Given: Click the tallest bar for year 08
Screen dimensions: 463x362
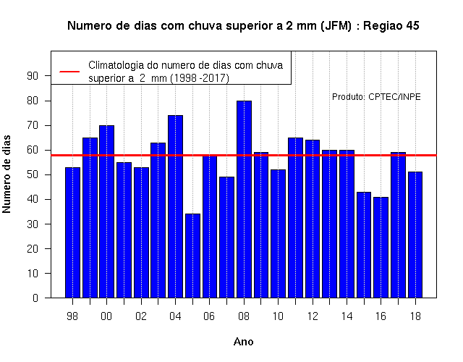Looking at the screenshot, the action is tap(244, 199).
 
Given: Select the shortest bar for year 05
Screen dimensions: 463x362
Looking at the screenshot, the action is tap(192, 256).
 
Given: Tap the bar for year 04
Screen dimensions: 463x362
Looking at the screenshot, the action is tap(175, 206).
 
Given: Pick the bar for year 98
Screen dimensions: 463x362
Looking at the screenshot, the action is tap(72, 232).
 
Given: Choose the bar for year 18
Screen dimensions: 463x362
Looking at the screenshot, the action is tap(415, 235).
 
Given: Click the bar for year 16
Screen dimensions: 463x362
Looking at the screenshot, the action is tap(381, 248).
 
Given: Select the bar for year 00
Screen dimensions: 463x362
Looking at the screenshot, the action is tap(106, 211).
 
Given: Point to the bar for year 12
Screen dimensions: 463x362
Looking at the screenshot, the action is tap(313, 219).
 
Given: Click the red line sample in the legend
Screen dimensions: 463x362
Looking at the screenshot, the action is tap(69, 72).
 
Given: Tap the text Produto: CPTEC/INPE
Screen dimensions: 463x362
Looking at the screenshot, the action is tap(376, 97).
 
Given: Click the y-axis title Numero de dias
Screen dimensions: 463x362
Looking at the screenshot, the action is tap(7, 174).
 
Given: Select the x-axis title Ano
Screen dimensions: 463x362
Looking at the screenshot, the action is tap(244, 342).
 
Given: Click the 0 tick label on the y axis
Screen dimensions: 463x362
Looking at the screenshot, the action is tap(35, 298).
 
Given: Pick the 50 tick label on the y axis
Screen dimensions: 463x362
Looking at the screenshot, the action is tap(33, 174).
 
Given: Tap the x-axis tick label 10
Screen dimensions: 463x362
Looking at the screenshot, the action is tap(278, 316).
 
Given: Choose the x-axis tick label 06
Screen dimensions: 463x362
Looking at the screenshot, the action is tap(209, 316).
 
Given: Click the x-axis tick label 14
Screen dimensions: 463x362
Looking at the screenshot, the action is tap(347, 316).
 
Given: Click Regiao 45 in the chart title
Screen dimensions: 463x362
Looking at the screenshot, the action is tap(391, 26).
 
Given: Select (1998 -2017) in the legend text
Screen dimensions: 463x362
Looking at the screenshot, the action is tap(200, 78).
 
